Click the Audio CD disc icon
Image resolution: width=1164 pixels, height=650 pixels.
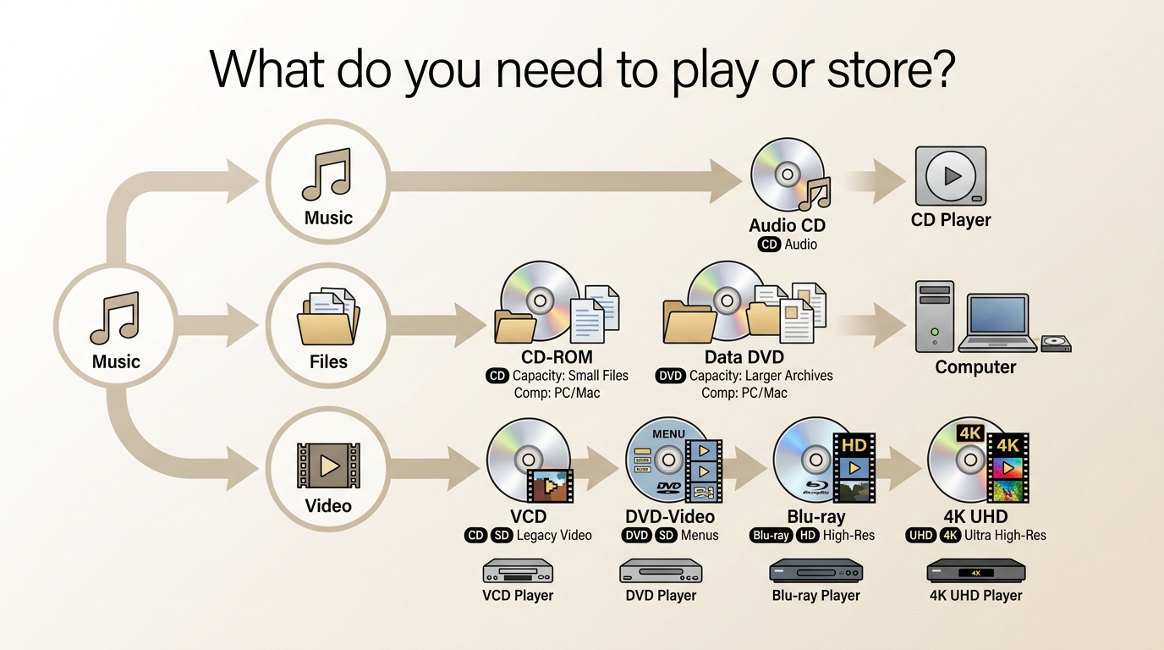pyautogui.click(x=788, y=174)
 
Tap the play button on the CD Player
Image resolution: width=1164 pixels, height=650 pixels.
pyautogui.click(x=951, y=176)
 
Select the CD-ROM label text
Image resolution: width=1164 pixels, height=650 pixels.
pyautogui.click(x=557, y=357)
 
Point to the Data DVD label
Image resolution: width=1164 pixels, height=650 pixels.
pyautogui.click(x=744, y=357)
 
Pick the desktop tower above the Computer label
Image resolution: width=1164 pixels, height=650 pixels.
pyautogui.click(x=934, y=317)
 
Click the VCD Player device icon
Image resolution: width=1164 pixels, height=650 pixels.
pyautogui.click(x=518, y=571)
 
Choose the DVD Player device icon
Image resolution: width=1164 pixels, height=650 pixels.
pyautogui.click(x=661, y=571)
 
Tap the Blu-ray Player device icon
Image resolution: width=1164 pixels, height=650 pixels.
pyautogui.click(x=815, y=570)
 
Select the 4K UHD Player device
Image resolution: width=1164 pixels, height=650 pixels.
pyautogui.click(x=976, y=570)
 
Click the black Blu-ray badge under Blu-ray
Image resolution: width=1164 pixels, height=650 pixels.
pyautogui.click(x=771, y=536)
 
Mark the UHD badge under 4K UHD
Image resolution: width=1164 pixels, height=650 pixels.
pyautogui.click(x=921, y=536)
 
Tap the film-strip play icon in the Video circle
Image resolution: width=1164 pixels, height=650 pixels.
pyautogui.click(x=328, y=465)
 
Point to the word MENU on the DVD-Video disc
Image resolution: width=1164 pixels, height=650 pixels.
pyautogui.click(x=668, y=433)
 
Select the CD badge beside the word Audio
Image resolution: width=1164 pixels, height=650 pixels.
pyautogui.click(x=769, y=245)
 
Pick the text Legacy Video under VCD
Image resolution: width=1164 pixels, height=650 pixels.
pyautogui.click(x=554, y=536)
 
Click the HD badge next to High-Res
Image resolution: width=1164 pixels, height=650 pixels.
pyautogui.click(x=807, y=536)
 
